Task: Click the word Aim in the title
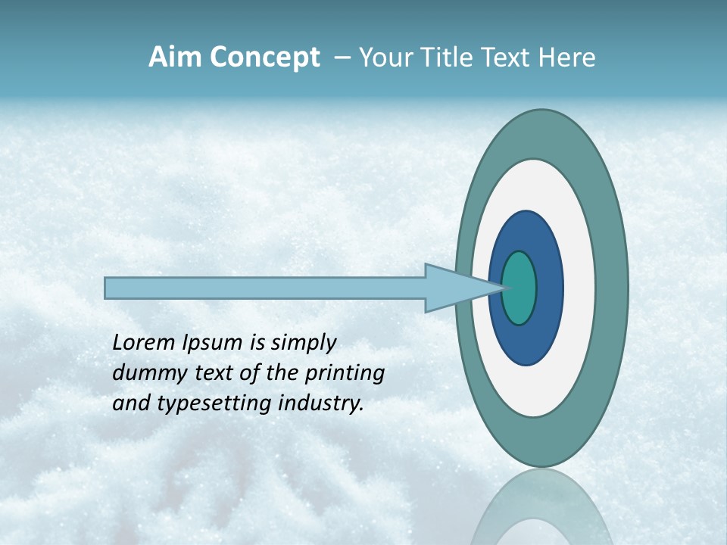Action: pyautogui.click(x=174, y=58)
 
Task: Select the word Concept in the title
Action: pyautogui.click(x=264, y=58)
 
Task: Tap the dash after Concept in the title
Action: pyautogui.click(x=342, y=58)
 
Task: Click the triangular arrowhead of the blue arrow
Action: pyautogui.click(x=454, y=288)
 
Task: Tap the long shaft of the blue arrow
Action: pyautogui.click(x=265, y=288)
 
